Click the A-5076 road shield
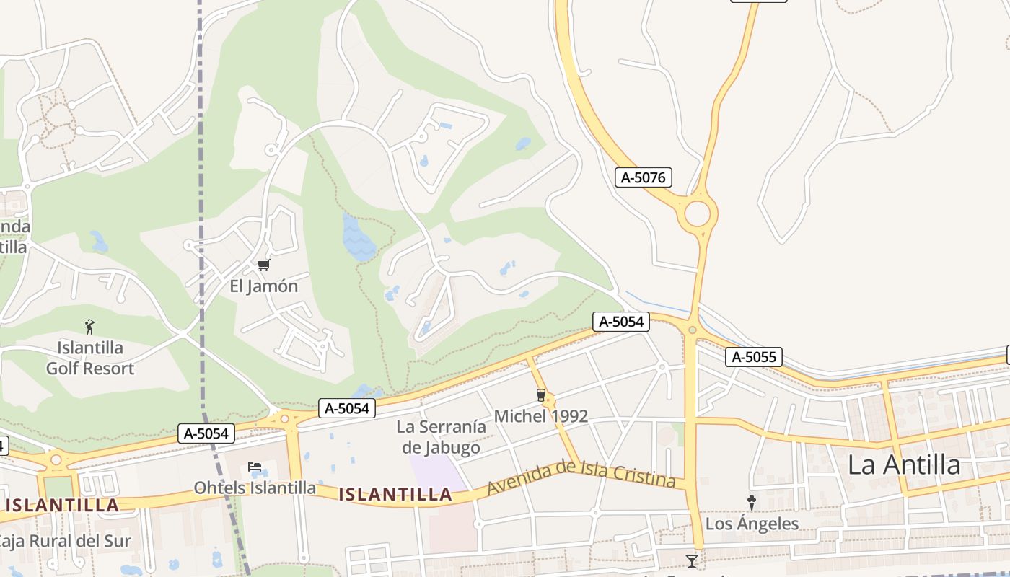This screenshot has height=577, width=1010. [x=644, y=177]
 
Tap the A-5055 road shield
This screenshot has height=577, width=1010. [x=753, y=356]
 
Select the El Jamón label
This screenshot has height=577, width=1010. [x=263, y=286]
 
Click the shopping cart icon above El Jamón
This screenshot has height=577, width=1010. [x=263, y=265]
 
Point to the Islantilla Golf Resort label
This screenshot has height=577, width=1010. [x=90, y=358]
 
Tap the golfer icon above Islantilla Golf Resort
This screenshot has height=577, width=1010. [x=89, y=327]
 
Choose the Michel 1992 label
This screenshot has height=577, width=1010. [x=540, y=416]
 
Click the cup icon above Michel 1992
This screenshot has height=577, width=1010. [x=540, y=395]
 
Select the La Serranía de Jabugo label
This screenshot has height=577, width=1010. [x=441, y=437]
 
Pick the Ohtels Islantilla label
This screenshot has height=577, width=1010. [x=255, y=488]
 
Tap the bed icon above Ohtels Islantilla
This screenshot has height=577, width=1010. [x=255, y=467]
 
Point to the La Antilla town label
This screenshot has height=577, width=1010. [x=904, y=465]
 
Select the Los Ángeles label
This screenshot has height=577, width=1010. [x=752, y=524]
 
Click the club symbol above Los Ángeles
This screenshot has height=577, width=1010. [x=751, y=502]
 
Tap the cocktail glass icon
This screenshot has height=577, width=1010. [x=692, y=560]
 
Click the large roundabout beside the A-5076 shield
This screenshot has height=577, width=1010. [x=697, y=214]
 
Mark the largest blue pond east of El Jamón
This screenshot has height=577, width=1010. [x=359, y=239]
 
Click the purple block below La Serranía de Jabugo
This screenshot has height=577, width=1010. [x=436, y=472]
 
